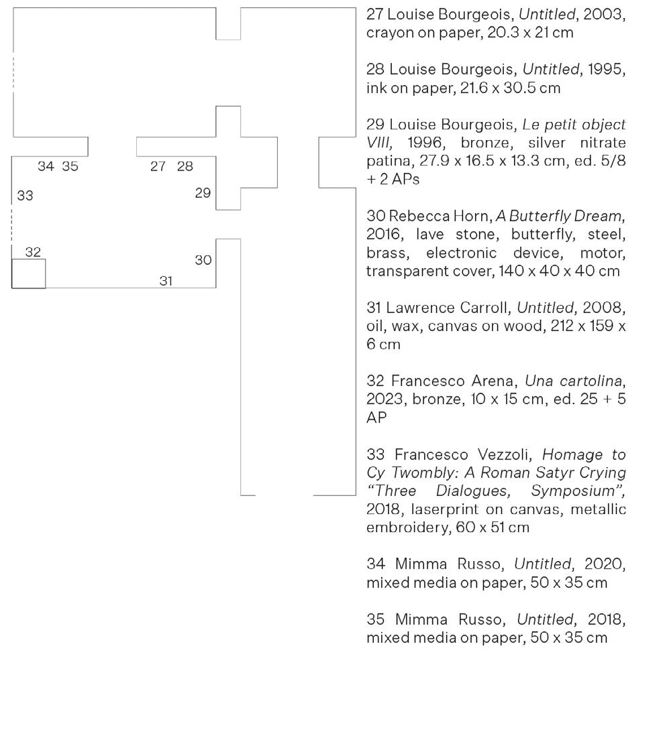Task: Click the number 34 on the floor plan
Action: tap(46, 167)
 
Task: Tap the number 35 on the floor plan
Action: tap(70, 167)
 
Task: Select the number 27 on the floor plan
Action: tap(158, 167)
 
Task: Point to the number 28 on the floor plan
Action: tap(185, 167)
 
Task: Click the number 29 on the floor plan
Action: tap(203, 193)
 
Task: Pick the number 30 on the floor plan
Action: tap(203, 260)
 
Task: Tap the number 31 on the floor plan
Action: tap(166, 282)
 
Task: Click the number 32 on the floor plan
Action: tap(33, 252)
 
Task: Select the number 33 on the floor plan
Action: tap(25, 196)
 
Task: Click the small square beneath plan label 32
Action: tap(29, 273)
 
